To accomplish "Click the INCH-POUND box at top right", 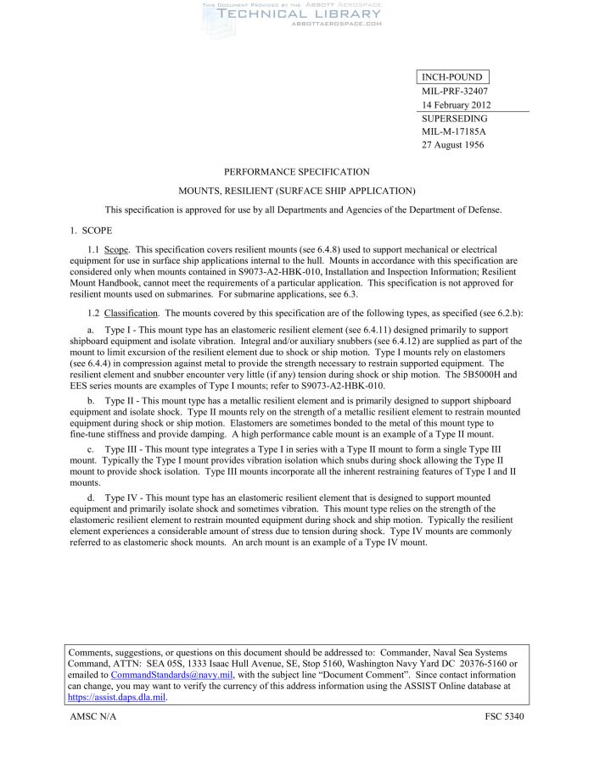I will (x=452, y=78).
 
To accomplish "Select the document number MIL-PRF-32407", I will (x=454, y=92).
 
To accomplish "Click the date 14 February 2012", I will (x=457, y=105).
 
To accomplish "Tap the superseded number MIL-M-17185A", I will (x=454, y=131).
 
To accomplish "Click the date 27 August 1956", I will (x=451, y=145).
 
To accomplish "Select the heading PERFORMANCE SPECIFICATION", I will (x=297, y=172).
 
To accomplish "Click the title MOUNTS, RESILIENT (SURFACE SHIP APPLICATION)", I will (x=297, y=191).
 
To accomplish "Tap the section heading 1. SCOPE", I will (x=91, y=230).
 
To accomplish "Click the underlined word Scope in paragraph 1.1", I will (x=115, y=250).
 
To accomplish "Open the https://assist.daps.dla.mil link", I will (x=116, y=697).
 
